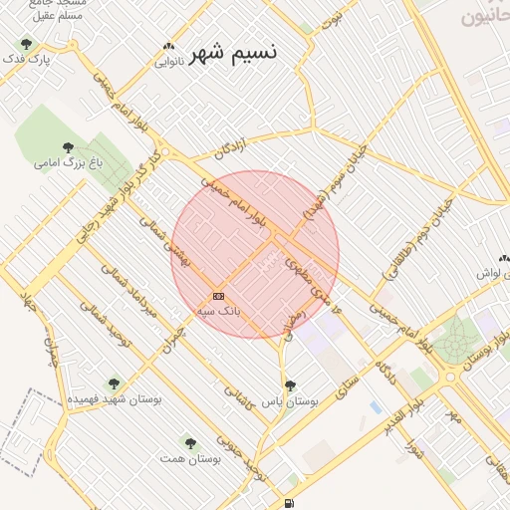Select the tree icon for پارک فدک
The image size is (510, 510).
tap(26, 44)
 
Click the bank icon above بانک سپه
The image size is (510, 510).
tap(218, 296)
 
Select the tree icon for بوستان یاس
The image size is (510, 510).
tap(290, 384)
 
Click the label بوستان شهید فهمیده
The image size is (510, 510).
tap(115, 398)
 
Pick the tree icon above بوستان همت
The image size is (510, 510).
tap(189, 442)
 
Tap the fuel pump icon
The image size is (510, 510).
tap(289, 504)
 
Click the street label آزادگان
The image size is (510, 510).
tap(230, 150)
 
